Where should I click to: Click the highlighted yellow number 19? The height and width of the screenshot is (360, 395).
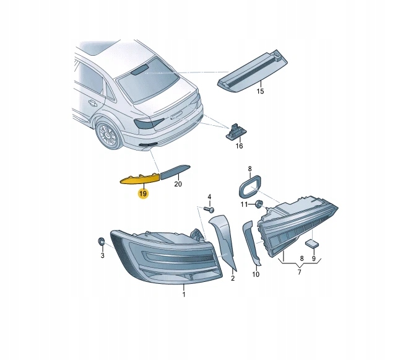coord(143,193)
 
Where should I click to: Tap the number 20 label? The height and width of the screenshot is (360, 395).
coord(178,184)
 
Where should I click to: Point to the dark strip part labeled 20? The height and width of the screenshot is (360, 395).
coord(175,172)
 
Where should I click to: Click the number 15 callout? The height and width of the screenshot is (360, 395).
coord(260,91)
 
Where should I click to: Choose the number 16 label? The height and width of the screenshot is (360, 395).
coord(239,146)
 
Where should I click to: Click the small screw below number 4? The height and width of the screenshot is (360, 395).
coord(209,209)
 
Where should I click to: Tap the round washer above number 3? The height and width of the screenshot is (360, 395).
coord(102,242)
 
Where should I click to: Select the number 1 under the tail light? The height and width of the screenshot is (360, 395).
coord(184,294)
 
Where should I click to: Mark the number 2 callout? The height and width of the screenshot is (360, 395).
coord(233,278)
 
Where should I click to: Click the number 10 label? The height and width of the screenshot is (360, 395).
coord(256,274)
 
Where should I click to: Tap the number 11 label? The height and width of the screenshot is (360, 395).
coord(244,204)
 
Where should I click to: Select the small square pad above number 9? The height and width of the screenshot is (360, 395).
coord(311,244)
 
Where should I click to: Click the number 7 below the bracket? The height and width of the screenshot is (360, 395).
coord(299,272)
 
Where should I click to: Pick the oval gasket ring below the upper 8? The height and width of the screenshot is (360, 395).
coord(250,186)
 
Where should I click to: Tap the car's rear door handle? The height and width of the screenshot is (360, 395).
coord(92,103)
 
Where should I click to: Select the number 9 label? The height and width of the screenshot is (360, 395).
coord(314,258)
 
